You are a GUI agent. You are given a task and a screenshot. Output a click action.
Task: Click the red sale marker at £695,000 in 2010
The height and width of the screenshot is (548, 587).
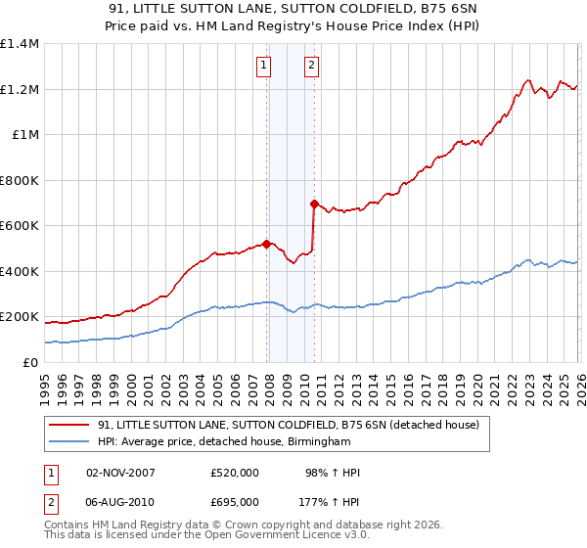coord(314,205)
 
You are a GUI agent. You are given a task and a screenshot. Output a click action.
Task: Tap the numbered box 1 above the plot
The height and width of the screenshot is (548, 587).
coord(264,66)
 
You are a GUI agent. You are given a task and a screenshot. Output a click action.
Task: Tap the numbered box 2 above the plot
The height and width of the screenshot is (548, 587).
coord(311,66)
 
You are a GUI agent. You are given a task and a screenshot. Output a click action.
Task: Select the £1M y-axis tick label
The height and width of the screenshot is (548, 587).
coord(25,135)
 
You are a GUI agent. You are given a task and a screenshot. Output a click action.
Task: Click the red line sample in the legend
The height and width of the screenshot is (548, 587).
coord(69,426)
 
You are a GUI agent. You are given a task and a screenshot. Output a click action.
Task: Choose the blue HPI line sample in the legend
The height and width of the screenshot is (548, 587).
coord(69,442)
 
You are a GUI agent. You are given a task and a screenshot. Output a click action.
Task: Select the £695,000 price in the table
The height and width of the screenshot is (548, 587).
coord(235,502)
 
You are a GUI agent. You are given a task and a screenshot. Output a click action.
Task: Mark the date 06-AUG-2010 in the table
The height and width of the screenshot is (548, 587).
coord(120,502)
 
